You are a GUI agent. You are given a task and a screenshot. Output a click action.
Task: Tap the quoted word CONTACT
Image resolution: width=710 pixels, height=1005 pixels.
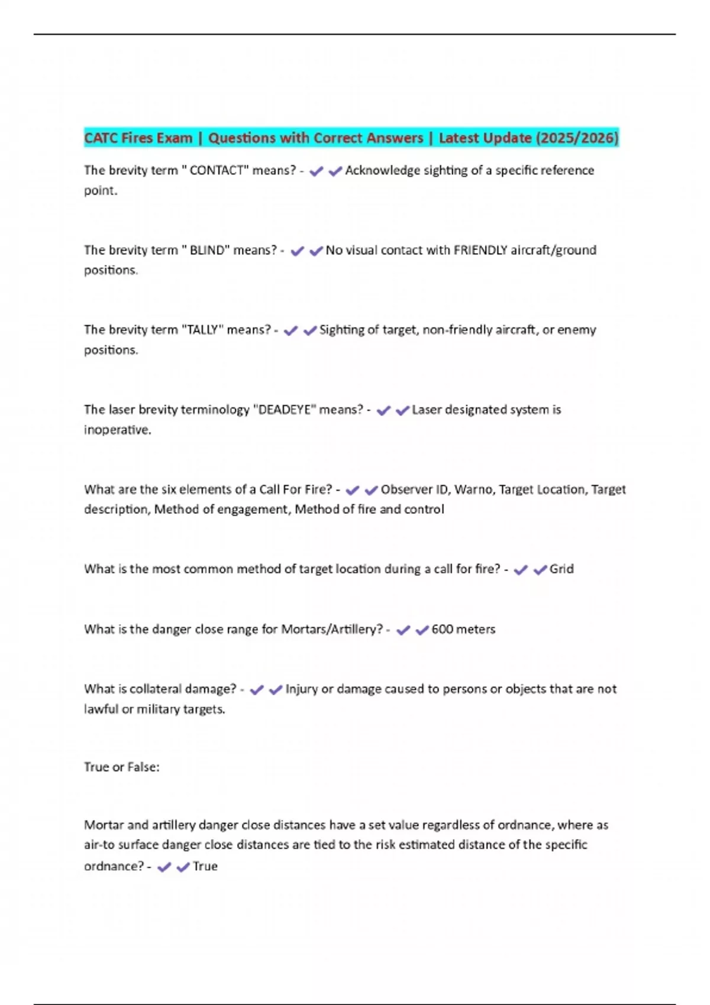click(217, 170)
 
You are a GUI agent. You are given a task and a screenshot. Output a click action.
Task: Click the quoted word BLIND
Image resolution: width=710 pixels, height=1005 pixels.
click(207, 250)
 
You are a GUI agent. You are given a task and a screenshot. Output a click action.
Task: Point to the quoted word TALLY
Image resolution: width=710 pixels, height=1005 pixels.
click(202, 330)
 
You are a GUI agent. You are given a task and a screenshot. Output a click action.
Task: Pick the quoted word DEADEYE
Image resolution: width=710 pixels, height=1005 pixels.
click(285, 410)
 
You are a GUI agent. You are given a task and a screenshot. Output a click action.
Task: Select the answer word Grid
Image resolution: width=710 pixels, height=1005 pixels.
click(561, 569)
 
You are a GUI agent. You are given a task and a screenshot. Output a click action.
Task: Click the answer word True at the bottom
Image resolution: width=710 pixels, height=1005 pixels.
click(205, 866)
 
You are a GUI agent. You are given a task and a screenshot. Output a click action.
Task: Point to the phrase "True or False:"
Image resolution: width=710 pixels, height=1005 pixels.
click(122, 767)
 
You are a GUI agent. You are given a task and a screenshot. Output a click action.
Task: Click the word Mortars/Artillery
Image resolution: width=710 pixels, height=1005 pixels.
click(332, 629)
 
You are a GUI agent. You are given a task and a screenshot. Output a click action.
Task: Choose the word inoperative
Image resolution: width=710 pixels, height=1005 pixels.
click(117, 430)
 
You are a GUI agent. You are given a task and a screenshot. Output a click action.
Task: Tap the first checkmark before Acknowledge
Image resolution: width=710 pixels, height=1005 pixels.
click(317, 171)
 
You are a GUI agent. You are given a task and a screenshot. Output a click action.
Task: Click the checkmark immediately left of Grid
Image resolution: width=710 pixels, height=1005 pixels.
click(540, 570)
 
